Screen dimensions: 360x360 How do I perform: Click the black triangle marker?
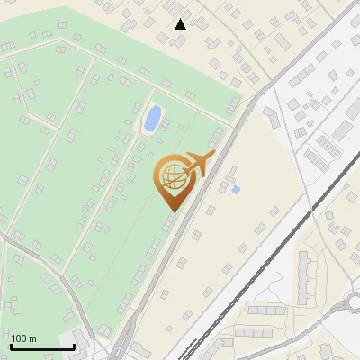pos(181,24)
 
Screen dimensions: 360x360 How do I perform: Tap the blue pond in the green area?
pos(153,117)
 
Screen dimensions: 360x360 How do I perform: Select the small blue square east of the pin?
pos(236,190)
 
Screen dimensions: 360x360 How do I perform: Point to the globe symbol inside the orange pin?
pos(171,177)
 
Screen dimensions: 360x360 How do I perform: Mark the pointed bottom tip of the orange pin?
pos(171,211)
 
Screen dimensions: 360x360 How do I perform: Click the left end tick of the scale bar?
pos(11,346)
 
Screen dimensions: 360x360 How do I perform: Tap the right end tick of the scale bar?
pos(74,346)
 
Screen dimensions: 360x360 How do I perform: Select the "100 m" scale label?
pos(23,338)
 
